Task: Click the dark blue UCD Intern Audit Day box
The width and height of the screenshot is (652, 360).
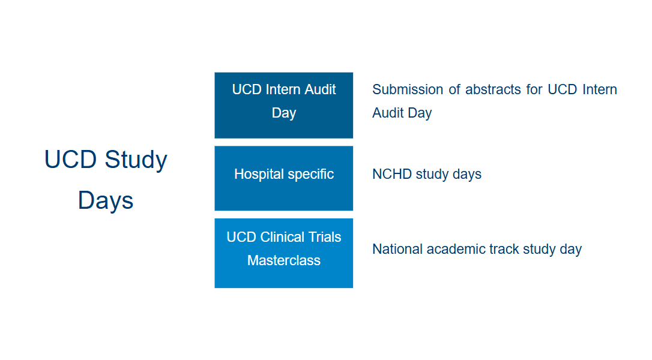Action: [283, 105]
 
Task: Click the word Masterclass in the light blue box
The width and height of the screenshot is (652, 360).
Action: [283, 260]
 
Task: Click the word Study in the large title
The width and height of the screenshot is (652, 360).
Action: [136, 160]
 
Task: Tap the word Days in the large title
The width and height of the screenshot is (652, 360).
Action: [106, 200]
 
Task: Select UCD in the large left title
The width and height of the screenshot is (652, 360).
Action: [71, 160]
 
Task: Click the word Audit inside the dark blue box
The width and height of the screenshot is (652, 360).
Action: [321, 89]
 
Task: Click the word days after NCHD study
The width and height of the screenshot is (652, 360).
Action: [466, 174]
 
